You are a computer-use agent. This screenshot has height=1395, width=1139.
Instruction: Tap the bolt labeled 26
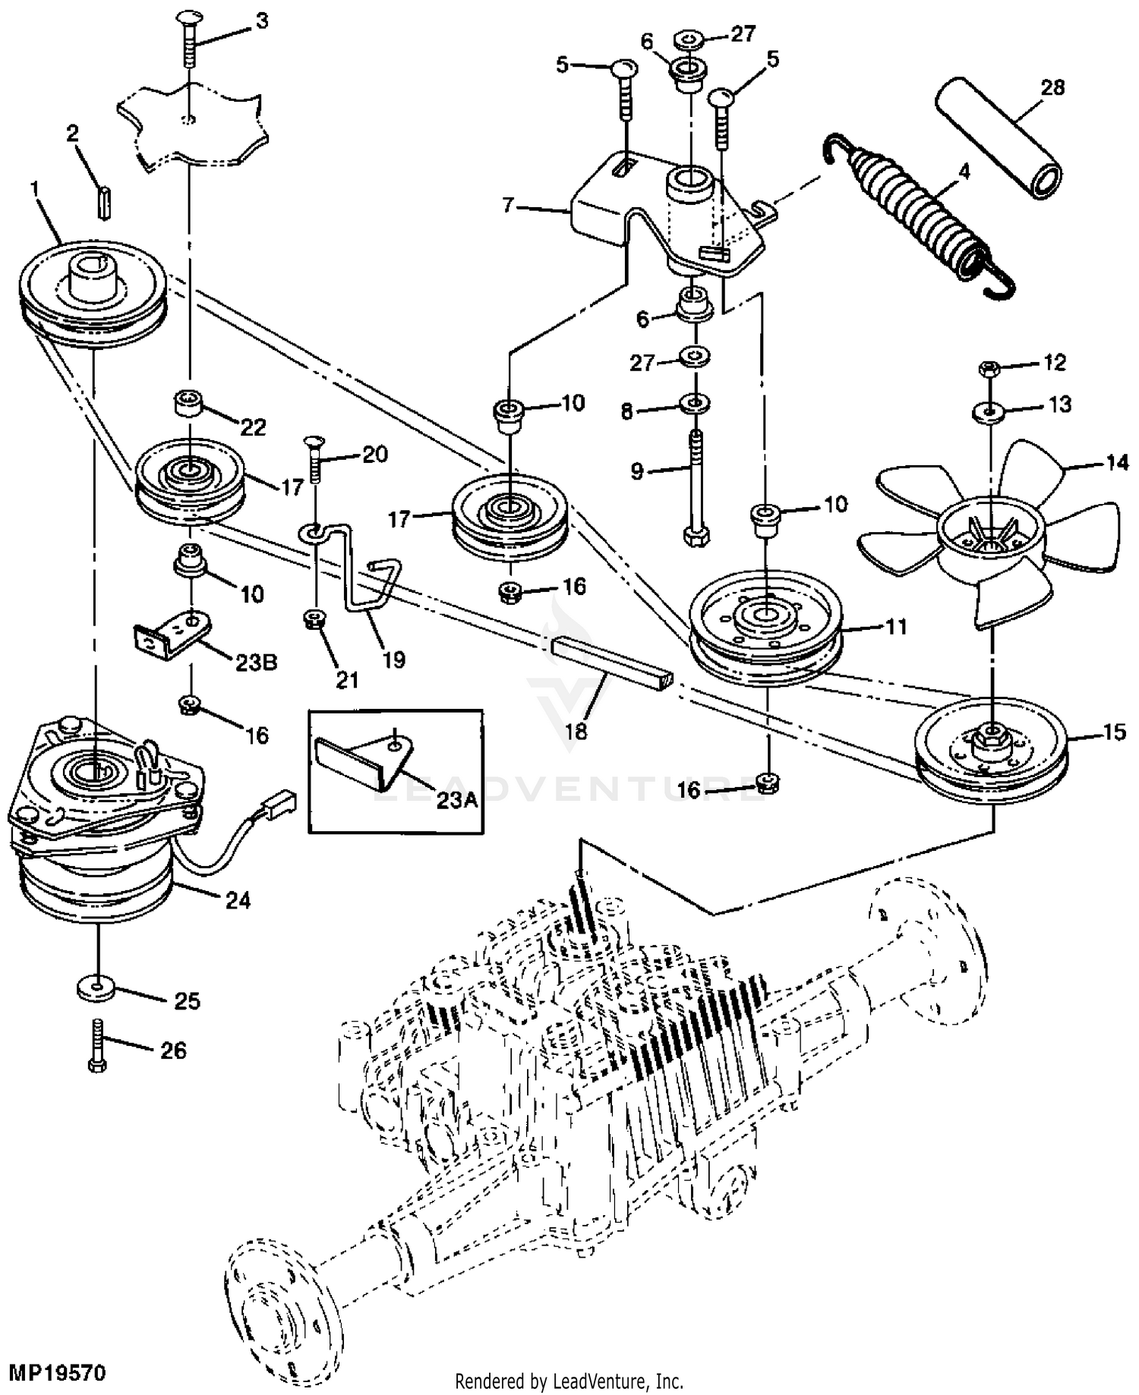pyautogui.click(x=97, y=1045)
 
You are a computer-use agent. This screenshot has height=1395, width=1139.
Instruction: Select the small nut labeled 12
pyautogui.click(x=989, y=370)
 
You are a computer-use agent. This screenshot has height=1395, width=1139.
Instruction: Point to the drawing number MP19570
pyautogui.click(x=57, y=1372)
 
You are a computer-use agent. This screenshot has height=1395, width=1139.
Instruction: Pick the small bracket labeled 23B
pyautogui.click(x=172, y=631)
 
